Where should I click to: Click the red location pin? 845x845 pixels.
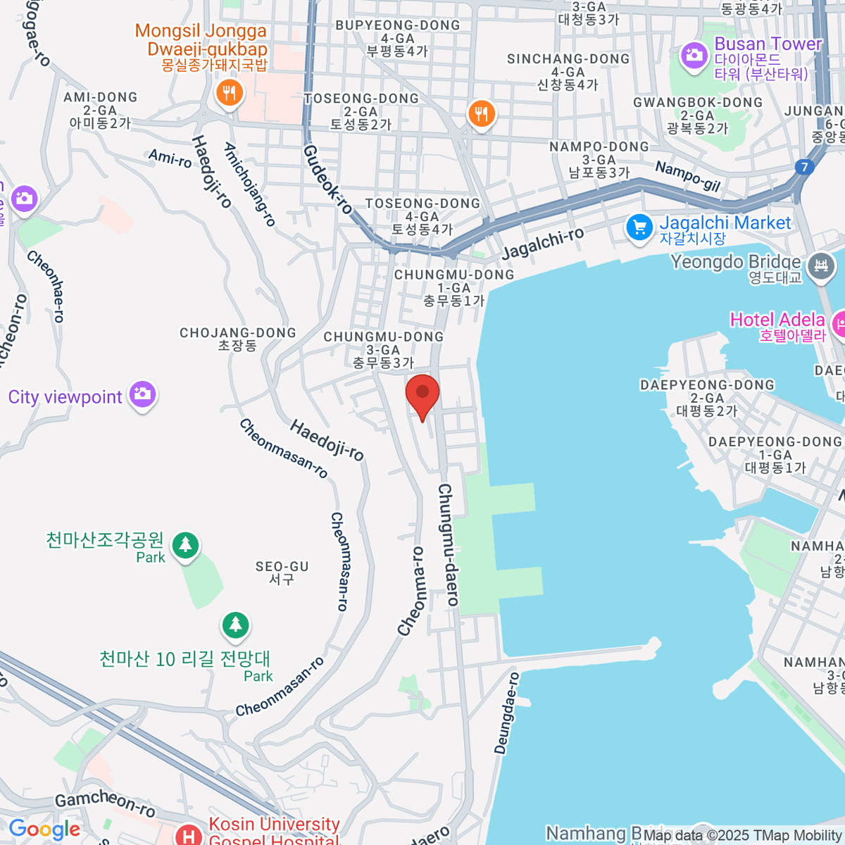423,393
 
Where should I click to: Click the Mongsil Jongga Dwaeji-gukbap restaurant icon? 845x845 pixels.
229,92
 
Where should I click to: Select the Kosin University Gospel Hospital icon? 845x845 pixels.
189,836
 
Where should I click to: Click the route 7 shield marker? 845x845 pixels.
804,168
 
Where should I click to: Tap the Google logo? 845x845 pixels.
44,830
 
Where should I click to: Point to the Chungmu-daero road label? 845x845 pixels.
449,544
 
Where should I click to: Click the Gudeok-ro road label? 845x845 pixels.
327,179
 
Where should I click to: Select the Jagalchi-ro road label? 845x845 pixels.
543,243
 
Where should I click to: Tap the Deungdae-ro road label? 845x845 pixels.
507,713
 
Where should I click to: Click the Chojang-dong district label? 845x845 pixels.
238,339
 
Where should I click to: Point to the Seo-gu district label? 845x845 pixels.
282,572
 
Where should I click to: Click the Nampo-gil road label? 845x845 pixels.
687,176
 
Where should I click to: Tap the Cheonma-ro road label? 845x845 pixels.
411,591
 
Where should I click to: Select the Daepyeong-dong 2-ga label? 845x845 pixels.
706,397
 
